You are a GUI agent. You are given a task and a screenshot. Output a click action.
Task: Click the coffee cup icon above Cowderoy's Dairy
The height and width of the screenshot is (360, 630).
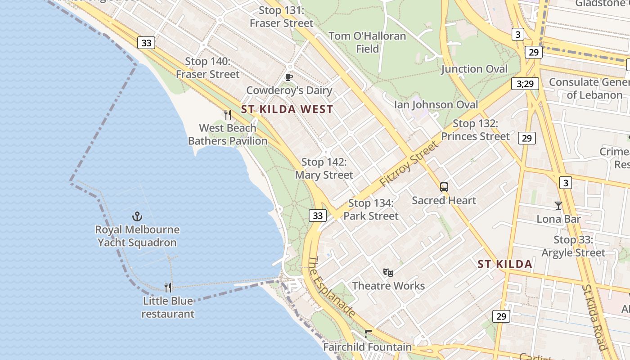tap(289, 77)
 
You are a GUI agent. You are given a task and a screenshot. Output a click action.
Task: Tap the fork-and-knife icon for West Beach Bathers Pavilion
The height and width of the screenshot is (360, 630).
tap(228, 115)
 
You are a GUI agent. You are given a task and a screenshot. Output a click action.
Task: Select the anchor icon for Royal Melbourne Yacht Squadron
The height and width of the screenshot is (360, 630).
tap(137, 217)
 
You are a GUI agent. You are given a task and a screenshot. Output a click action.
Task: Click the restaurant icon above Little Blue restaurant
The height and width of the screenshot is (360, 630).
tap(168, 288)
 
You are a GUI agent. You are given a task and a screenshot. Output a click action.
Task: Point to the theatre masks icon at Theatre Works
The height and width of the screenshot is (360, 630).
tap(388, 272)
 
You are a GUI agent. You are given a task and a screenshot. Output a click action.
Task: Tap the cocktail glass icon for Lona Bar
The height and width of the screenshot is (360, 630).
tap(558, 206)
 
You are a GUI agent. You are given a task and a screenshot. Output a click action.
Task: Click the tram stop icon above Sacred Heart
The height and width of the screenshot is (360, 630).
tap(444, 187)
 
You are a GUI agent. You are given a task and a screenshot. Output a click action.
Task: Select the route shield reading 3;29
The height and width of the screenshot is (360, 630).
tap(525, 84)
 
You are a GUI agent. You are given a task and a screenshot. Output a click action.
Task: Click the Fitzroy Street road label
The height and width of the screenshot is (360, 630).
tap(409, 164)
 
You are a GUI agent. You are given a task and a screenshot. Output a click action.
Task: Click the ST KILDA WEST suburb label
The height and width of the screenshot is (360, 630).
tap(287, 109)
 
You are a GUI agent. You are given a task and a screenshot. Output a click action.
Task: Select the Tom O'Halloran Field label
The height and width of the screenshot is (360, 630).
tap(367, 42)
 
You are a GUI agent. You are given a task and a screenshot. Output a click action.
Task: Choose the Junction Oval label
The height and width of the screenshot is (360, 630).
tap(474, 69)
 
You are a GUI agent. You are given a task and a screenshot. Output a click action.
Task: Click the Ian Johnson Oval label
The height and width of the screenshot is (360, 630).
tap(436, 104)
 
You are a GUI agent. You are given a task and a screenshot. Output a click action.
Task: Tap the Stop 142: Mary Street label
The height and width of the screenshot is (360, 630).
tap(324, 168)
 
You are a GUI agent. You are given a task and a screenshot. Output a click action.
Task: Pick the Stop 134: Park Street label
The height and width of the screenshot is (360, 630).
tap(371, 210)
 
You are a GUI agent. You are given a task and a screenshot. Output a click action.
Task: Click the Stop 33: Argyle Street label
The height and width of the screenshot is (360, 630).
tap(573, 246)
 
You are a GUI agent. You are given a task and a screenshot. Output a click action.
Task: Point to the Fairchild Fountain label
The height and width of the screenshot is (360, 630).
tap(368, 347)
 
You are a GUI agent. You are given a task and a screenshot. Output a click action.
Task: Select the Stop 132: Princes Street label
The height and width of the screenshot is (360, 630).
tap(476, 130)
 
